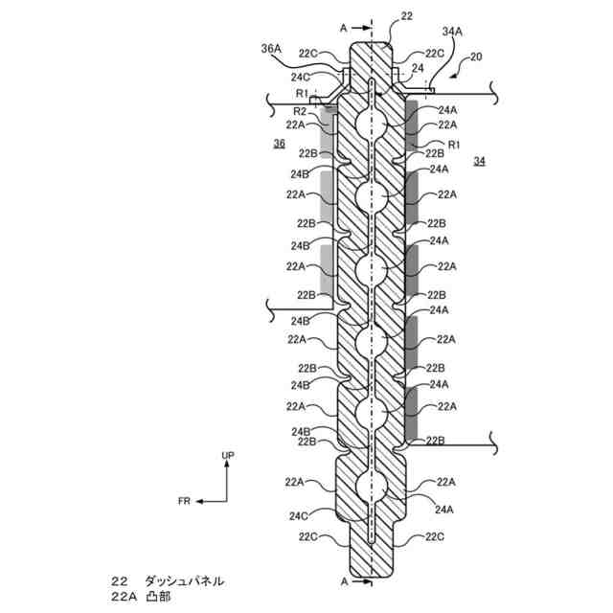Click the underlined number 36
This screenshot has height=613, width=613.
tap(279, 144)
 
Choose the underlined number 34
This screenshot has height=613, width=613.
tap(479, 163)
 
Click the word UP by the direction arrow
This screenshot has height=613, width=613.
tap(228, 456)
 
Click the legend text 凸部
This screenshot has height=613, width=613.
tap(157, 597)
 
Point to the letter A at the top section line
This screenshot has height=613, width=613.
tap(343, 28)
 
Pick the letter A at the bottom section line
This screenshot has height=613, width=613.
tap(343, 580)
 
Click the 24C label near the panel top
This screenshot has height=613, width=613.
tap(300, 77)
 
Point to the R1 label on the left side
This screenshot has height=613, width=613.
tap(301, 94)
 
